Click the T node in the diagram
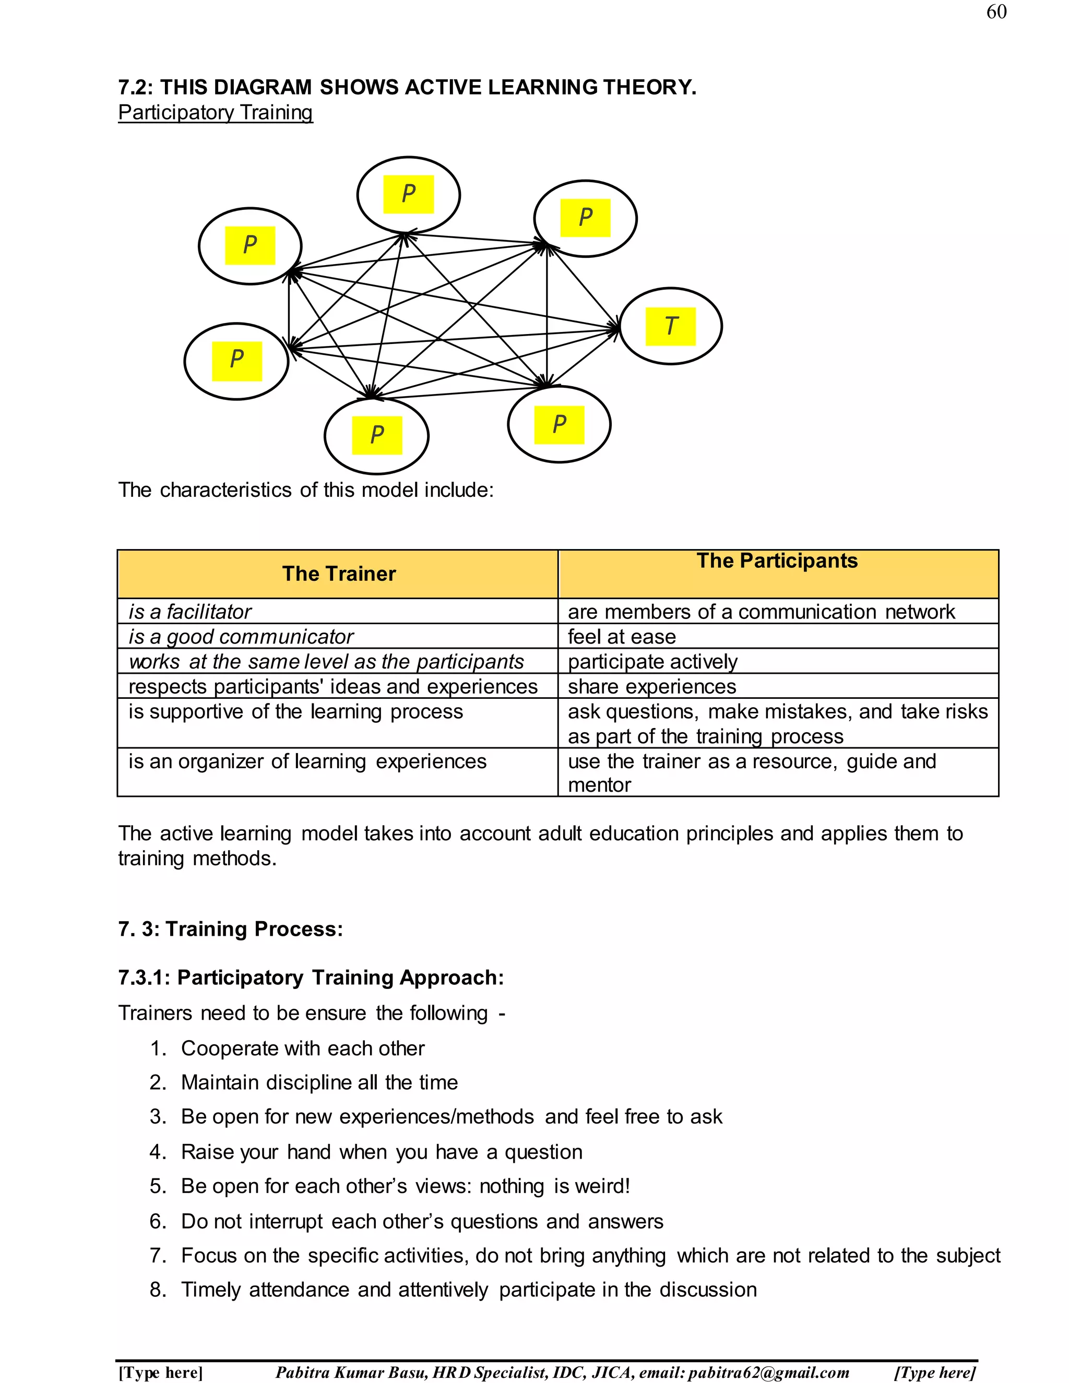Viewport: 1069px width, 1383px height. [671, 326]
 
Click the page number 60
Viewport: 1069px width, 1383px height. [996, 12]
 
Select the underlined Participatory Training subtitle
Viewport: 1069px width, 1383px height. [216, 113]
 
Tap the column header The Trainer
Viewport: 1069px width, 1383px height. [339, 574]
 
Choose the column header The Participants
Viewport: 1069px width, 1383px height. [777, 561]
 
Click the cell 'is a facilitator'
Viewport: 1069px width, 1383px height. [190, 612]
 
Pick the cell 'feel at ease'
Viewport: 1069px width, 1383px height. [622, 636]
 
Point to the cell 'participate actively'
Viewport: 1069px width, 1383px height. [652, 662]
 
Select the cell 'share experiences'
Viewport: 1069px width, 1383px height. [651, 686]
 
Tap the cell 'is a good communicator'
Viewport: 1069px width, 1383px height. [241, 636]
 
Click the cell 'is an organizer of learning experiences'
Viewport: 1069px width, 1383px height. [307, 761]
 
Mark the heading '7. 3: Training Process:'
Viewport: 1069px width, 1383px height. [231, 929]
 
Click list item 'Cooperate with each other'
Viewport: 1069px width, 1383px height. [303, 1048]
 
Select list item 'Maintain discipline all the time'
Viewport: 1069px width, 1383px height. [319, 1083]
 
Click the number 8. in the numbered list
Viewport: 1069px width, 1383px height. [158, 1289]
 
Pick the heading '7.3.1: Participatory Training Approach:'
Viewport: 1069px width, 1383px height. [311, 977]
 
